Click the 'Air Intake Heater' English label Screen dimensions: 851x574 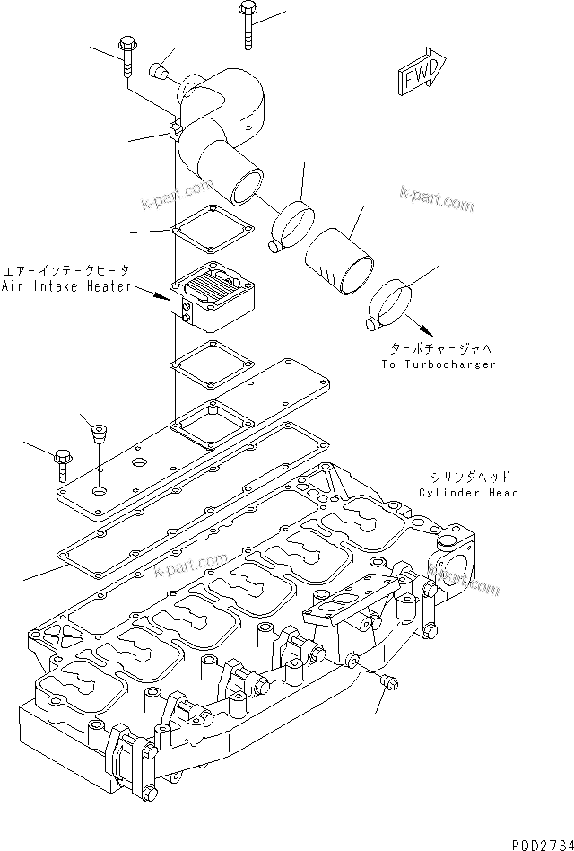tap(67, 286)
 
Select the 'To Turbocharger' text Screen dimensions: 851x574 tap(439, 364)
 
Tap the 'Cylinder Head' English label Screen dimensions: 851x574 tap(468, 493)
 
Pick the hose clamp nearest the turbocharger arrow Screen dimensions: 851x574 tap(389, 303)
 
